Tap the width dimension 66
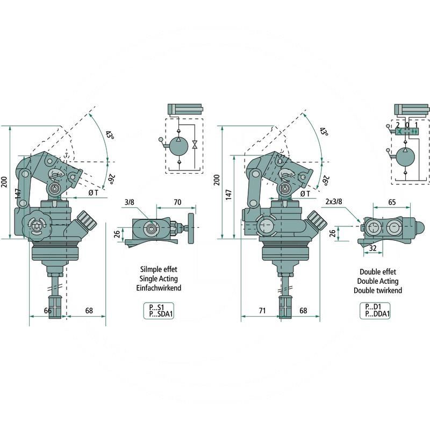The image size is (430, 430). pyautogui.click(x=47, y=311)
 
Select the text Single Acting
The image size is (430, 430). pyautogui.click(x=159, y=279)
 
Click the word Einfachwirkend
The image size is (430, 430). pyautogui.click(x=159, y=288)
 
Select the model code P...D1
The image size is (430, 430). pyautogui.click(x=374, y=306)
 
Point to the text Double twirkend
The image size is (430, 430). pyautogui.click(x=377, y=290)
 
